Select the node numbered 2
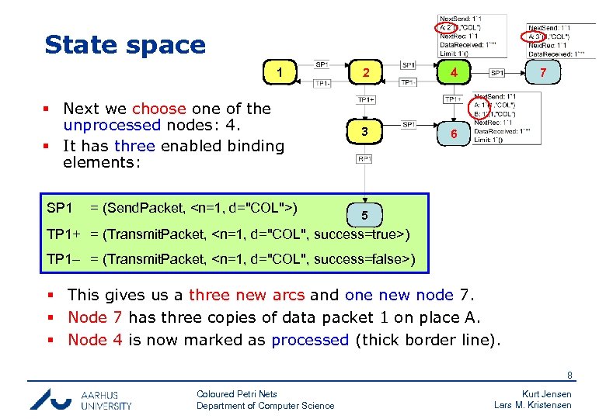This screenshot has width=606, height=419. [x=364, y=74]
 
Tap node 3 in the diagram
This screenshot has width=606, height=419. [x=364, y=133]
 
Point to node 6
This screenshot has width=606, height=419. [x=451, y=133]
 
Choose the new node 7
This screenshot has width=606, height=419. [x=544, y=74]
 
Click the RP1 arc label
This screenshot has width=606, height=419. [x=364, y=159]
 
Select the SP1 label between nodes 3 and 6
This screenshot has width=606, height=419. [x=409, y=124]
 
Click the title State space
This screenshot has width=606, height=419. [x=125, y=44]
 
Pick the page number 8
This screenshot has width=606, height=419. [x=569, y=376]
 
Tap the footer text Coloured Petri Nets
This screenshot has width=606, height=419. [x=236, y=394]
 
